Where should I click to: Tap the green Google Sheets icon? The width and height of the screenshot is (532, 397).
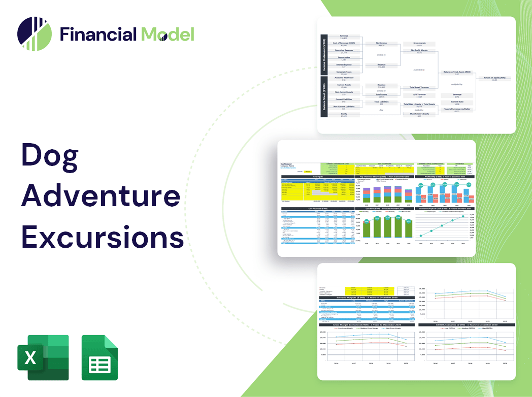pos(99,357)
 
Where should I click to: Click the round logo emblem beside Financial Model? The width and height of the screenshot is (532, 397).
pos(35,34)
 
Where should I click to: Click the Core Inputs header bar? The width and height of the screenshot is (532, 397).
pos(318,177)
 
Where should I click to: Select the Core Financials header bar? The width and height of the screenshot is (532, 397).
pos(318,209)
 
